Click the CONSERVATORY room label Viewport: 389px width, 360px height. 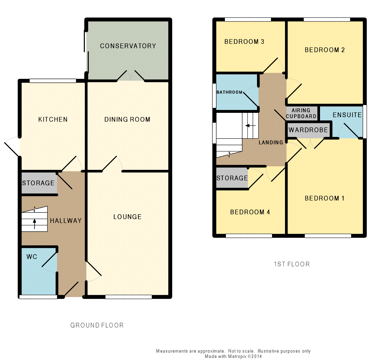[x=128, y=46]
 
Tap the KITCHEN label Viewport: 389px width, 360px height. [x=53, y=119]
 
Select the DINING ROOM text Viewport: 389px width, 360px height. [x=127, y=119]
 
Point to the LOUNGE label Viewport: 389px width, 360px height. [x=128, y=217]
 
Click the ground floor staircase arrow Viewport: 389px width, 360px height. [x=34, y=224]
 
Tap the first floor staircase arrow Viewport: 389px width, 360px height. [x=251, y=126]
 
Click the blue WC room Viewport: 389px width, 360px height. [x=39, y=271]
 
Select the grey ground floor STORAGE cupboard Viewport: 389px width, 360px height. [x=39, y=183]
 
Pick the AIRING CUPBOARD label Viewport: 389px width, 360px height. [x=301, y=113]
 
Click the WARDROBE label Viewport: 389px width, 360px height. [x=308, y=130]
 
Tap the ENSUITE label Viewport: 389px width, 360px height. [x=347, y=115]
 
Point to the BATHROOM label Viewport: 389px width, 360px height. [x=230, y=92]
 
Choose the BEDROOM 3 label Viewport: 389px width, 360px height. [x=244, y=41]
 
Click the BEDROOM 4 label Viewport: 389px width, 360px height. [x=250, y=212]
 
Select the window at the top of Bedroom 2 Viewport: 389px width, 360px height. [x=327, y=19]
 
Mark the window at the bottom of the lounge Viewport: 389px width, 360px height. [x=128, y=297]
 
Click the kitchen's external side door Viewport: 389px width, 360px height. [x=12, y=146]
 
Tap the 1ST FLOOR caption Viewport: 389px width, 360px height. [x=292, y=264]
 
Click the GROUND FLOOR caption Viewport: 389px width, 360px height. [x=97, y=325]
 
